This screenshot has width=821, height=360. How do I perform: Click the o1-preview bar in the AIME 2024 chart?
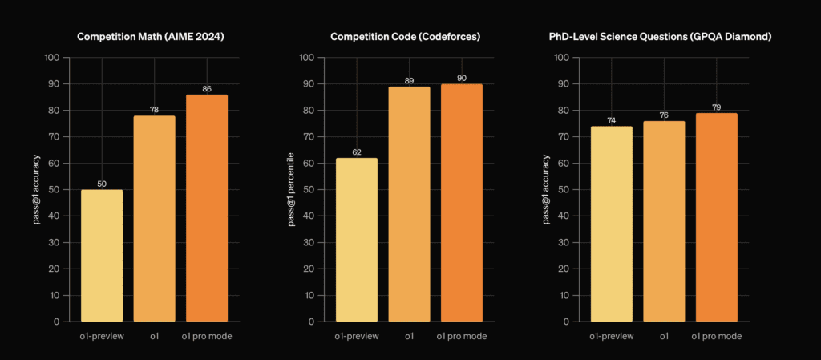point(102,255)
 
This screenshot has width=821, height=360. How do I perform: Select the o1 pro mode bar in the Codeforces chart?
point(461,202)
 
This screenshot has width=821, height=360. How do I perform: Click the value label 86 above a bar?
point(207,87)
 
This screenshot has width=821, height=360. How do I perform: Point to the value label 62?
point(357,151)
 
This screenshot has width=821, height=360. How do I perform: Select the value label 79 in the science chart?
point(715,106)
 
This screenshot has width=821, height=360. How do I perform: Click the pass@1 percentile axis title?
point(292,189)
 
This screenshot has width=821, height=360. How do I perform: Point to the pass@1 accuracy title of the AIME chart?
point(37,189)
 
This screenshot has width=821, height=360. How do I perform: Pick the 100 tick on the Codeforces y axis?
point(305,58)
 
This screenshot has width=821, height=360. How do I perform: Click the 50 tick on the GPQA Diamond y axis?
point(563,190)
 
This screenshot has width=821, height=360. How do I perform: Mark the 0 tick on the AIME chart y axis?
point(56,322)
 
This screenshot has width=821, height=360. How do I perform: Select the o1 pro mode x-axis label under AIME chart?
point(207,336)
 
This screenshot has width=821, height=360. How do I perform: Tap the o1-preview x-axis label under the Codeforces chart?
point(357,336)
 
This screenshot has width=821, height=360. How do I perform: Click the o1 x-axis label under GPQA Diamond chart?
point(664,336)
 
